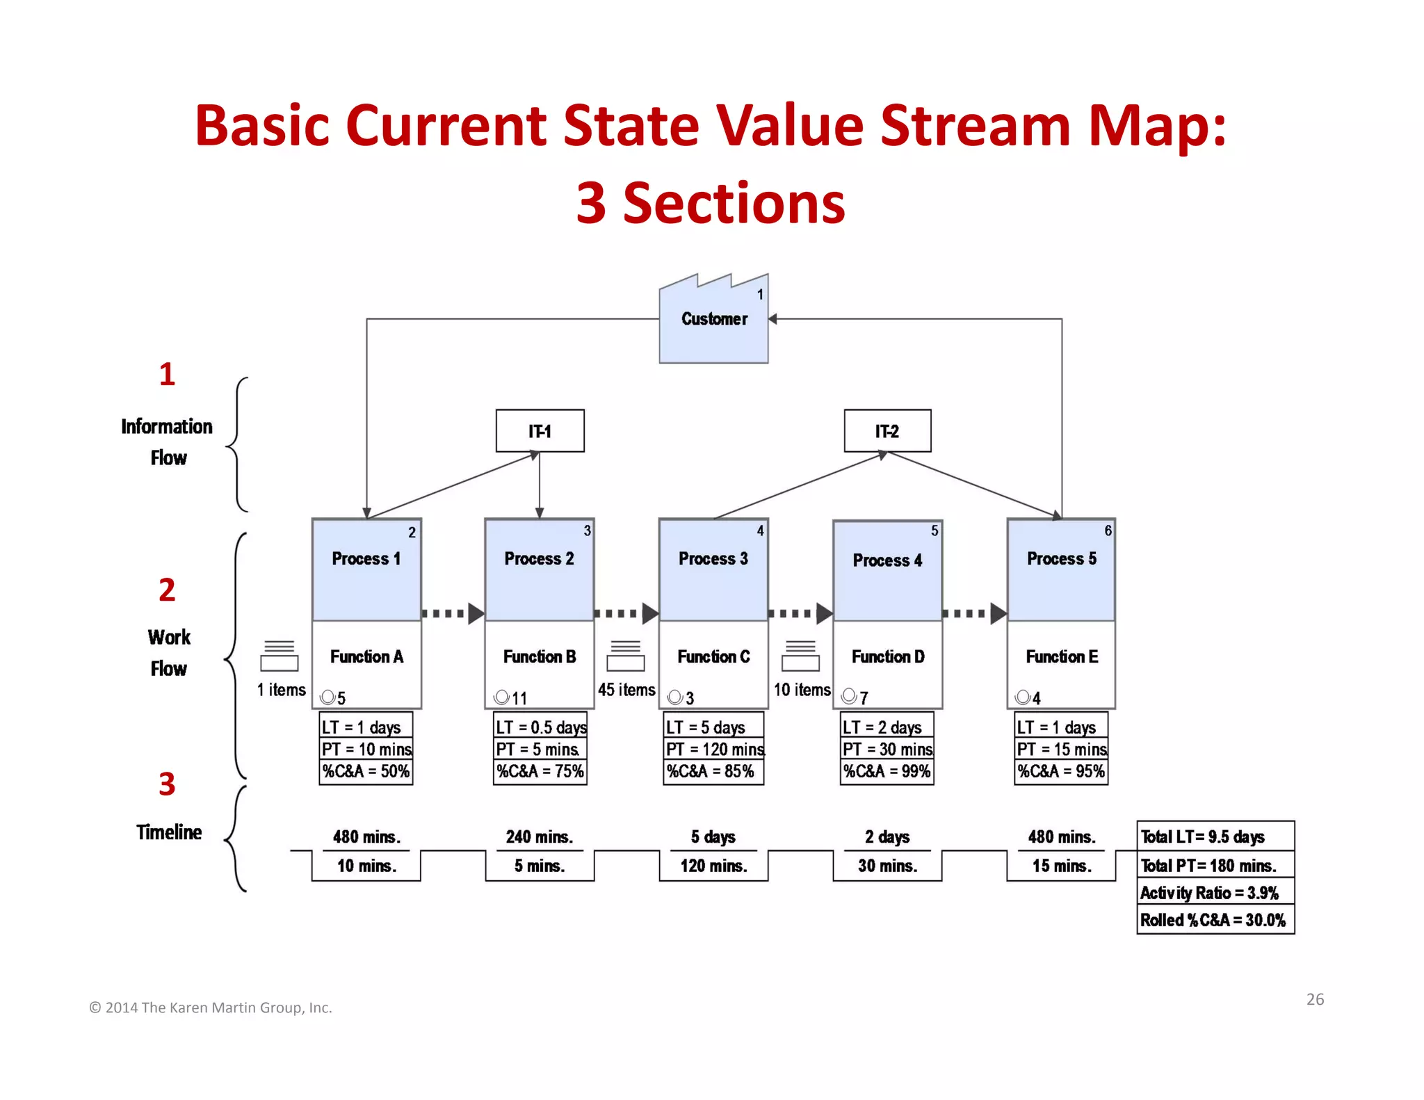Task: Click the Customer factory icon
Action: tap(713, 320)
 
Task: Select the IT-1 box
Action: tap(540, 431)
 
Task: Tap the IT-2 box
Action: tap(887, 431)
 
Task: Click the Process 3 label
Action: tap(713, 558)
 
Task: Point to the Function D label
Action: tap(888, 656)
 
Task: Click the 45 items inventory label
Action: tap(626, 690)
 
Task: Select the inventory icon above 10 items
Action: tap(801, 656)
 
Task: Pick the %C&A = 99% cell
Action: tap(887, 771)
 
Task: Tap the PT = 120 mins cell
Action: tap(714, 749)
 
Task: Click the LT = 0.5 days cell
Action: tap(540, 727)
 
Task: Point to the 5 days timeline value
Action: tap(713, 836)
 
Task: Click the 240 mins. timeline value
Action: tap(540, 836)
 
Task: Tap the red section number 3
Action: tap(167, 784)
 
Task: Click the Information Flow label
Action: tap(167, 442)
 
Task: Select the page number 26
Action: tap(1315, 999)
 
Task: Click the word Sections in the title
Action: tap(734, 203)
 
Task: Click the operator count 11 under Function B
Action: tap(519, 698)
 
